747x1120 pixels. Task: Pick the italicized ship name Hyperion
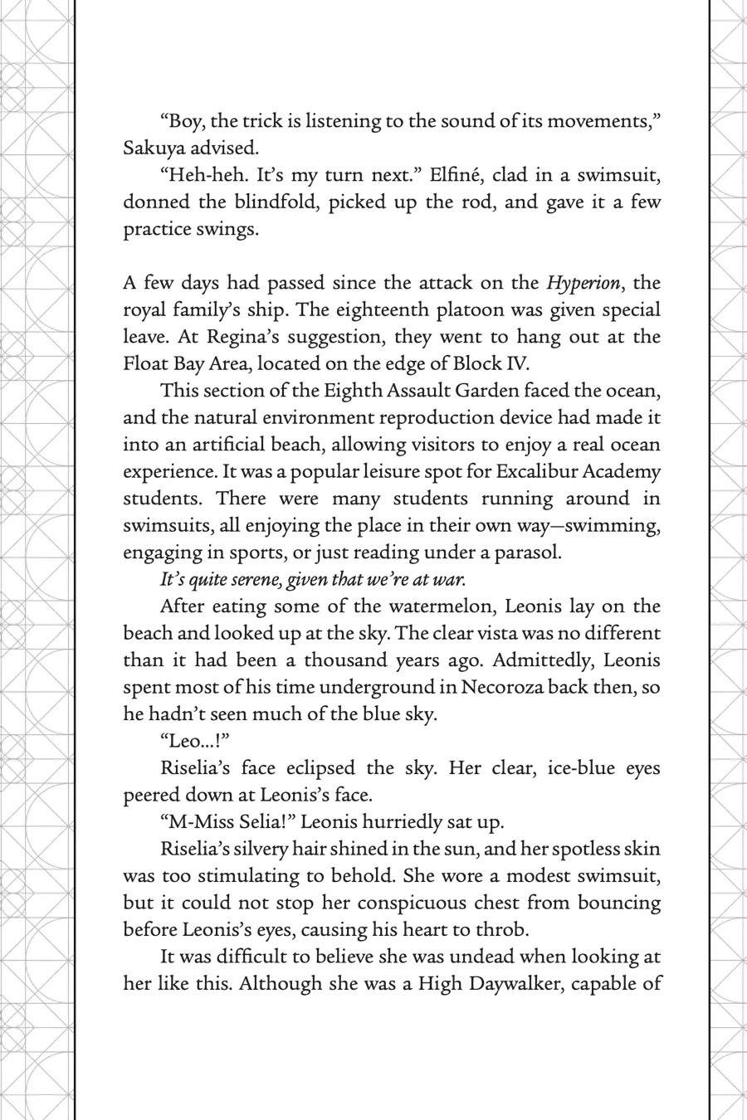coord(583,283)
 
